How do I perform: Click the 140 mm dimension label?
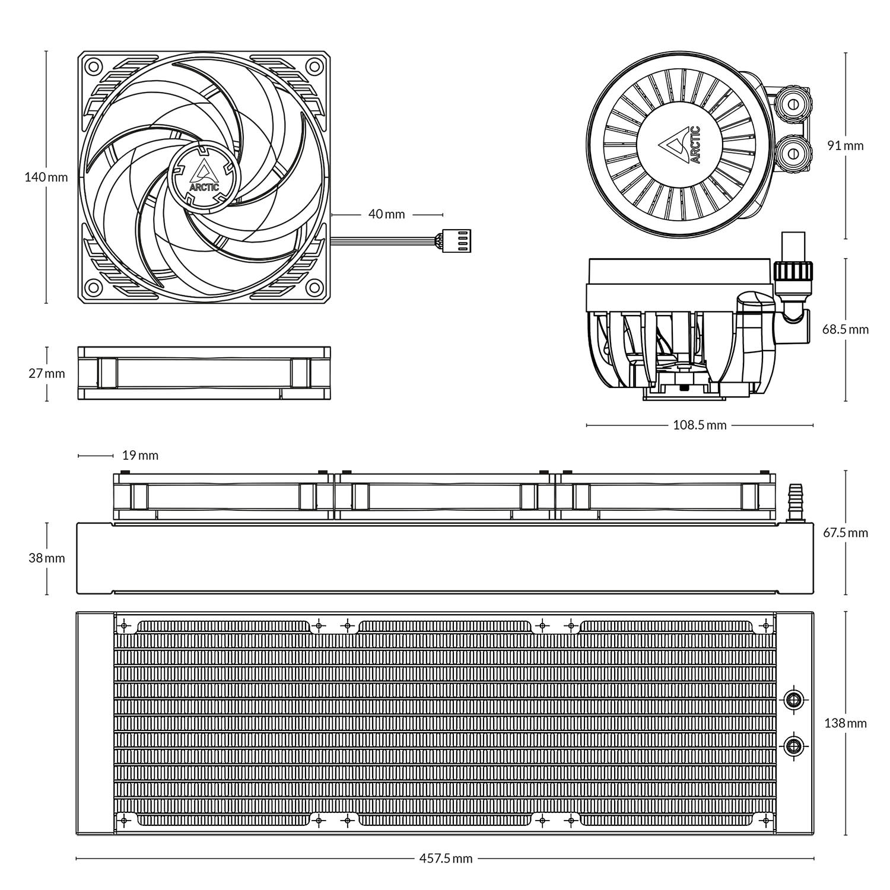[x=46, y=177]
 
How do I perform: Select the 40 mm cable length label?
[x=386, y=214]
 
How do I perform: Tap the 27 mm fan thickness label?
[x=46, y=373]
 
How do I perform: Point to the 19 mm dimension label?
[x=140, y=455]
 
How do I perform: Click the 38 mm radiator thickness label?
[x=46, y=558]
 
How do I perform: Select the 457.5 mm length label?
[x=446, y=858]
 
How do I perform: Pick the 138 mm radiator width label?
[x=845, y=723]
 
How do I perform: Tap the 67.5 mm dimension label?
[x=845, y=532]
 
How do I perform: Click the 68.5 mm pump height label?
[x=845, y=329]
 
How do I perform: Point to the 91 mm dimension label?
[x=845, y=145]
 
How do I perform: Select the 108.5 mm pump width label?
[x=699, y=425]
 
